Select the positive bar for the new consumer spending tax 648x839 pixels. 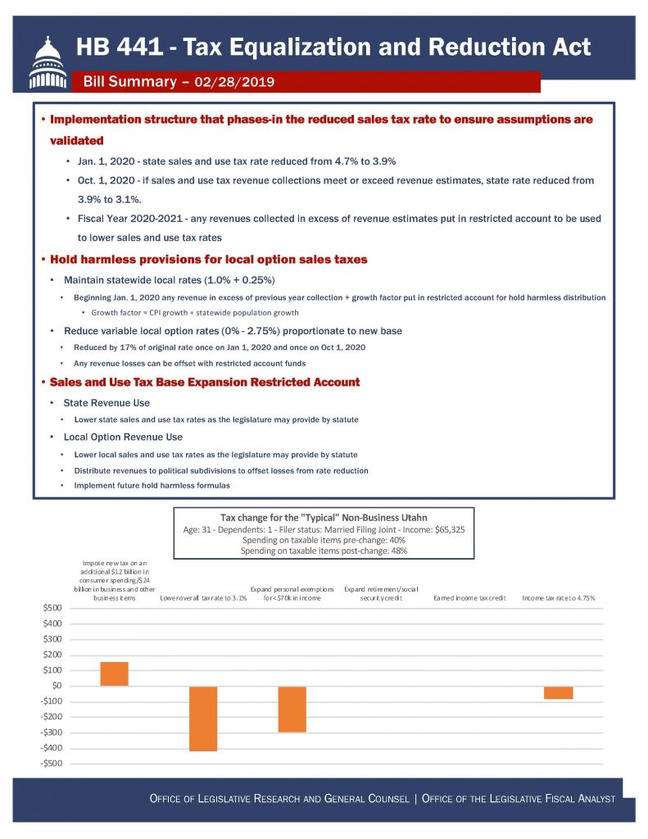(x=114, y=673)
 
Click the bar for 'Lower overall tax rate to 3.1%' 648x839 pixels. (x=203, y=718)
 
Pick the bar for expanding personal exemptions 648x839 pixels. (x=292, y=709)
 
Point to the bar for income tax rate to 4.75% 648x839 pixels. (x=558, y=692)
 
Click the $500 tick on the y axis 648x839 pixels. (x=52, y=608)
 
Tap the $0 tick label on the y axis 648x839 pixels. (x=56, y=686)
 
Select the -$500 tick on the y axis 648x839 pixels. (x=50, y=764)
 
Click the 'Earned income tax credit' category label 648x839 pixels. (x=469, y=599)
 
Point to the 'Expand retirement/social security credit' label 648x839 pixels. (x=381, y=594)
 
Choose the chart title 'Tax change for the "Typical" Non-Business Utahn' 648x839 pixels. (x=324, y=517)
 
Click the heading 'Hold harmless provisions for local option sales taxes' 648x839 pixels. (x=209, y=260)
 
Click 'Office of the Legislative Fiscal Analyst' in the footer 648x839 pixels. (x=519, y=798)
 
